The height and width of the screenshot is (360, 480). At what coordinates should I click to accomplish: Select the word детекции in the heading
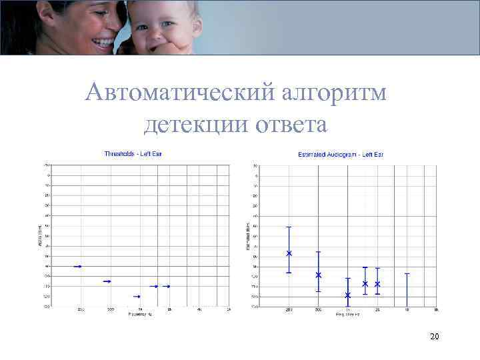point(190,124)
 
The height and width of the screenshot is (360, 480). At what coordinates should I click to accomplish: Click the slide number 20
point(434,337)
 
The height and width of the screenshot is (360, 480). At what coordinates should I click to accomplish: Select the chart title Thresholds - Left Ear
point(133,154)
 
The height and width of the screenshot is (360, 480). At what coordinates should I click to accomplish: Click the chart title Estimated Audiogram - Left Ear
point(340,155)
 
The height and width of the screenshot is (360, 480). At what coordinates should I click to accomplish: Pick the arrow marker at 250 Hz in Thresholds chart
point(77,266)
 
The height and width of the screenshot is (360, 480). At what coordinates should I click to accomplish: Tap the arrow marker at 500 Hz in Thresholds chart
point(107,281)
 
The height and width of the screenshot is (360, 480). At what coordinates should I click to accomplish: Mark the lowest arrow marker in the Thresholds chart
point(137,296)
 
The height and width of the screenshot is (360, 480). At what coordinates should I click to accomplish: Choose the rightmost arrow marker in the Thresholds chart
point(167,286)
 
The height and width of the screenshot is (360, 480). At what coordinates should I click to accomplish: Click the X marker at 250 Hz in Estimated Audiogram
point(289,253)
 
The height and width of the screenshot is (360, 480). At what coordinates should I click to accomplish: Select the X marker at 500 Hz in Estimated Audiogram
point(319,275)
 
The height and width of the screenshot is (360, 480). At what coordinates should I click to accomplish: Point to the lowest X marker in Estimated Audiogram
point(348,295)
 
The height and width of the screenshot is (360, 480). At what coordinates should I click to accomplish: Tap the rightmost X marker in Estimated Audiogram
point(377,284)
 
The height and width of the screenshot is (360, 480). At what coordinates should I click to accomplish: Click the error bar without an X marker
point(407,289)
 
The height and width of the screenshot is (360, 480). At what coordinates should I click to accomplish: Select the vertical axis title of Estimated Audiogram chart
point(247,236)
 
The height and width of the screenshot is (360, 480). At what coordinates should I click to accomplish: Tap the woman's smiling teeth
point(104,43)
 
